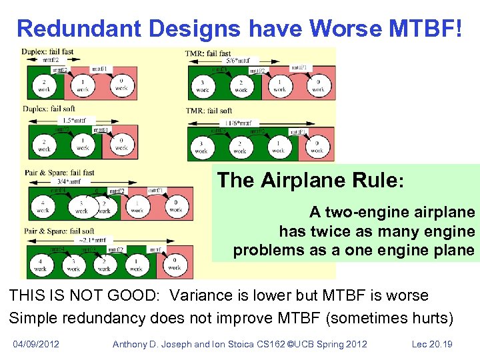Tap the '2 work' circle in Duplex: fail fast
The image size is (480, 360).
point(45,85)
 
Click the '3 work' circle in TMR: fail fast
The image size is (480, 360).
point(203,85)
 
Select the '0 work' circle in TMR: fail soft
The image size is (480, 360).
point(317,146)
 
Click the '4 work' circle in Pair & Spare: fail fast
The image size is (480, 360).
point(43,206)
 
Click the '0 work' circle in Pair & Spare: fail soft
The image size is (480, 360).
point(175,264)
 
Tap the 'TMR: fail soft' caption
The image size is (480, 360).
point(209,111)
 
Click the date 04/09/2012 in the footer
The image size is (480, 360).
point(36,344)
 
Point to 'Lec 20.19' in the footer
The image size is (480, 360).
point(433,344)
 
